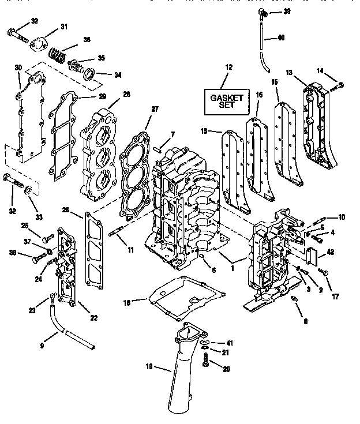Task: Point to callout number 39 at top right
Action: point(287,12)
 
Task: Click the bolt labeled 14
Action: point(339,86)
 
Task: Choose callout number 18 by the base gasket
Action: point(127,301)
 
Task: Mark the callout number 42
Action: point(331,252)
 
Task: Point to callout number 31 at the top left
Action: point(63,27)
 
